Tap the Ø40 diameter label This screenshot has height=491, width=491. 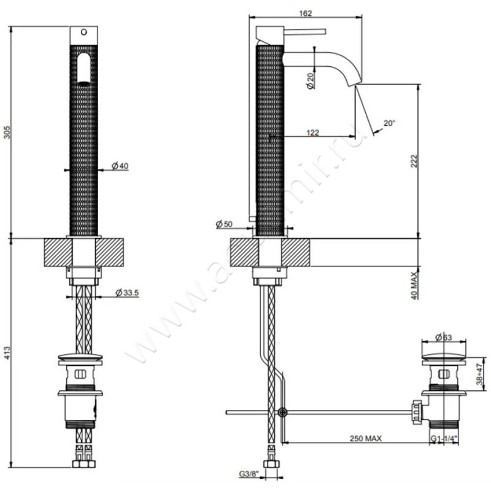click(x=120, y=166)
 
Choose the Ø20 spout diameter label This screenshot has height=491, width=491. click(x=311, y=80)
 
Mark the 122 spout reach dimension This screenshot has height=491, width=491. click(x=313, y=131)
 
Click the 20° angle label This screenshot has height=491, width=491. click(x=389, y=123)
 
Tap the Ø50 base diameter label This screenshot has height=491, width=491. click(x=225, y=225)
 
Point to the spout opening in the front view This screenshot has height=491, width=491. click(x=83, y=68)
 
